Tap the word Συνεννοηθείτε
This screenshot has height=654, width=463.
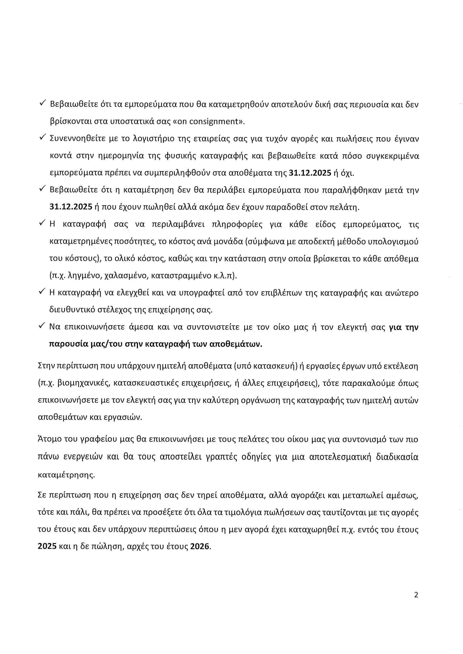click(77, 139)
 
